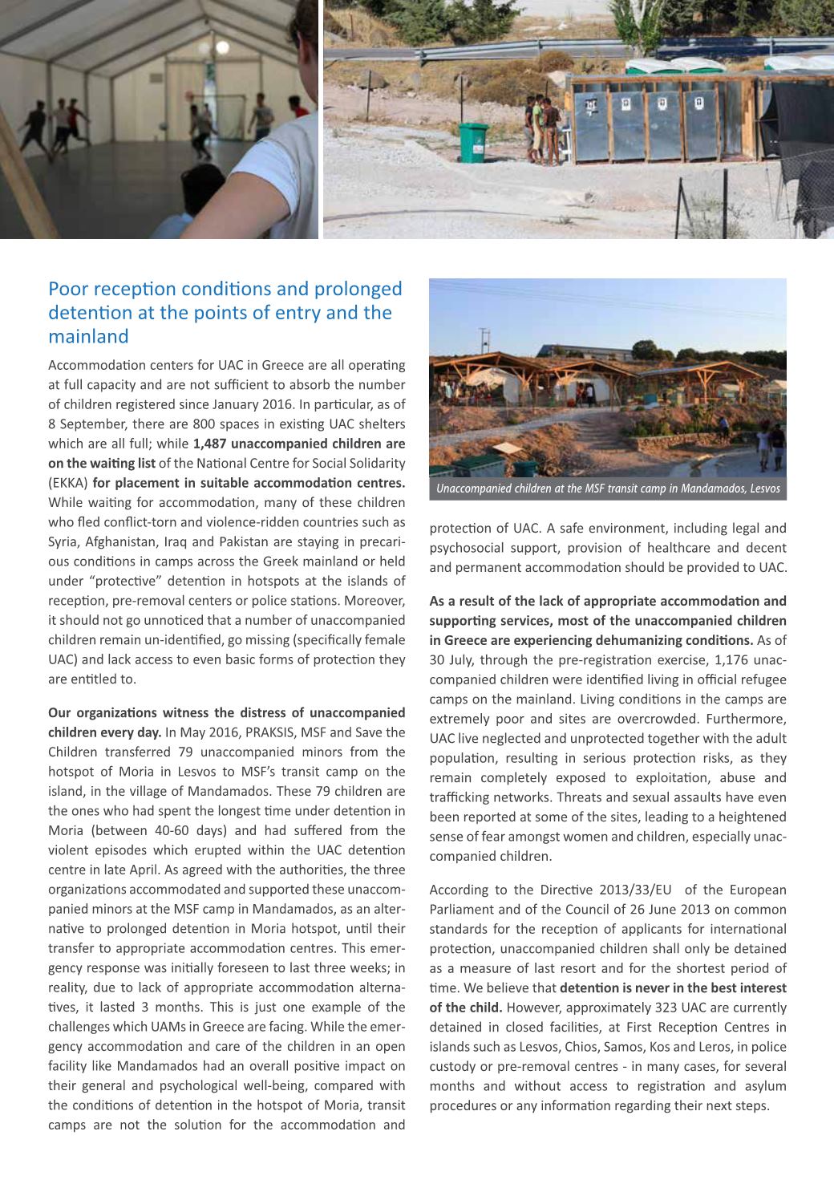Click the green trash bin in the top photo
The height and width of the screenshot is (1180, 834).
473,142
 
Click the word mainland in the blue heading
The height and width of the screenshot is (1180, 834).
88,337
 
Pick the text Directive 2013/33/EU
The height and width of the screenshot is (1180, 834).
617,890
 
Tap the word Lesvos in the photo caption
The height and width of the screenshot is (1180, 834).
764,489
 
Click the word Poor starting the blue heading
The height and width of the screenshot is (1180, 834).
67,289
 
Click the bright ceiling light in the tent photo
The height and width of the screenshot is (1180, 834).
222,47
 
